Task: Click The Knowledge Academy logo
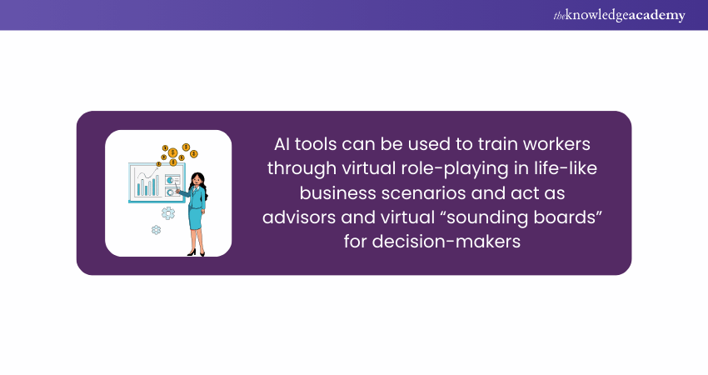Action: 619,15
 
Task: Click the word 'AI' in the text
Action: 282,144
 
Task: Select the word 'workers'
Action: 556,144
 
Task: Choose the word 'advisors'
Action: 299,217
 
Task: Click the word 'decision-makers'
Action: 446,242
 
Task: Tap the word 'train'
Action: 497,144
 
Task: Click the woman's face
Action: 197,180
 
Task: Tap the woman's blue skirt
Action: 197,218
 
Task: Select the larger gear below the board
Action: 168,212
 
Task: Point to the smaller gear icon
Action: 157,230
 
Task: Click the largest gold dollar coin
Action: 172,152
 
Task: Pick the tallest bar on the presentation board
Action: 157,185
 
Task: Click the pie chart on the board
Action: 170,180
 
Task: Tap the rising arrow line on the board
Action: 147,174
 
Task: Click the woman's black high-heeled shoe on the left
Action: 192,252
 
